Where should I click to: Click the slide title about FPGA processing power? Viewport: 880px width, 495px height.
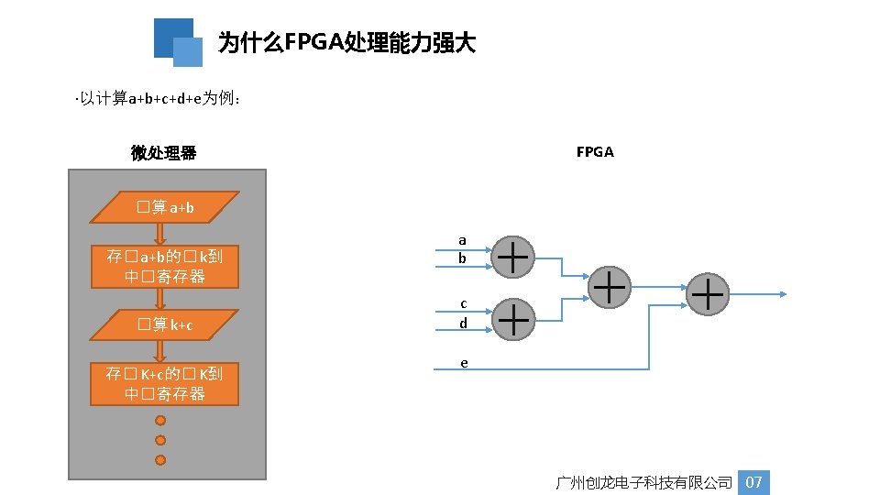(346, 43)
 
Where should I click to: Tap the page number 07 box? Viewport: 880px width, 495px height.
(753, 482)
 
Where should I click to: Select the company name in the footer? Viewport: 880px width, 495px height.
(644, 482)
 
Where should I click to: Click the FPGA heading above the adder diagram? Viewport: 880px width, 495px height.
(595, 152)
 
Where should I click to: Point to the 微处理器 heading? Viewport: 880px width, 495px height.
(164, 152)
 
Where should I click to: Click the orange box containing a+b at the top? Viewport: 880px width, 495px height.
(165, 207)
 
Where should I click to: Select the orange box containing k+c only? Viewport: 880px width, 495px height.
(165, 324)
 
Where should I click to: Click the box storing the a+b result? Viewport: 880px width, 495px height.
(165, 267)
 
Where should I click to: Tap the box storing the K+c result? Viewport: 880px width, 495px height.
(165, 384)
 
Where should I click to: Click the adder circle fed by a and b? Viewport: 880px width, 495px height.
(514, 256)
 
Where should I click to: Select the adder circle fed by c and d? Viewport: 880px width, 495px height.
(514, 318)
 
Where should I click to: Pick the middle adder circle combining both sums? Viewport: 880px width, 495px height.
(610, 287)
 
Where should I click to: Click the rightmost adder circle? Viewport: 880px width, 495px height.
(710, 294)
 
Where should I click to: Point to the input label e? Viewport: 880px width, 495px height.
(464, 363)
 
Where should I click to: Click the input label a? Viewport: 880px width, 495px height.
(462, 240)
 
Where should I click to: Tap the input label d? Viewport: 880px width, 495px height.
(463, 324)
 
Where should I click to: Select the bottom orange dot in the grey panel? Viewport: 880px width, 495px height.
(160, 459)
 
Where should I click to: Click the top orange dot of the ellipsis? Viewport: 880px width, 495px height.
(160, 421)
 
